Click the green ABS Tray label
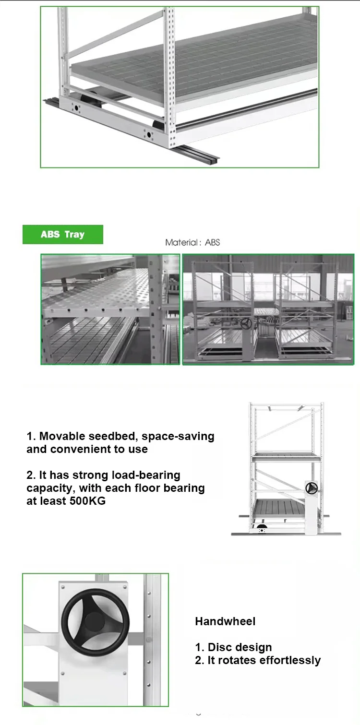(62, 235)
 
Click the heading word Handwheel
(225, 621)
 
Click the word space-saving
(178, 436)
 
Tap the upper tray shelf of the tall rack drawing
(286, 456)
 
